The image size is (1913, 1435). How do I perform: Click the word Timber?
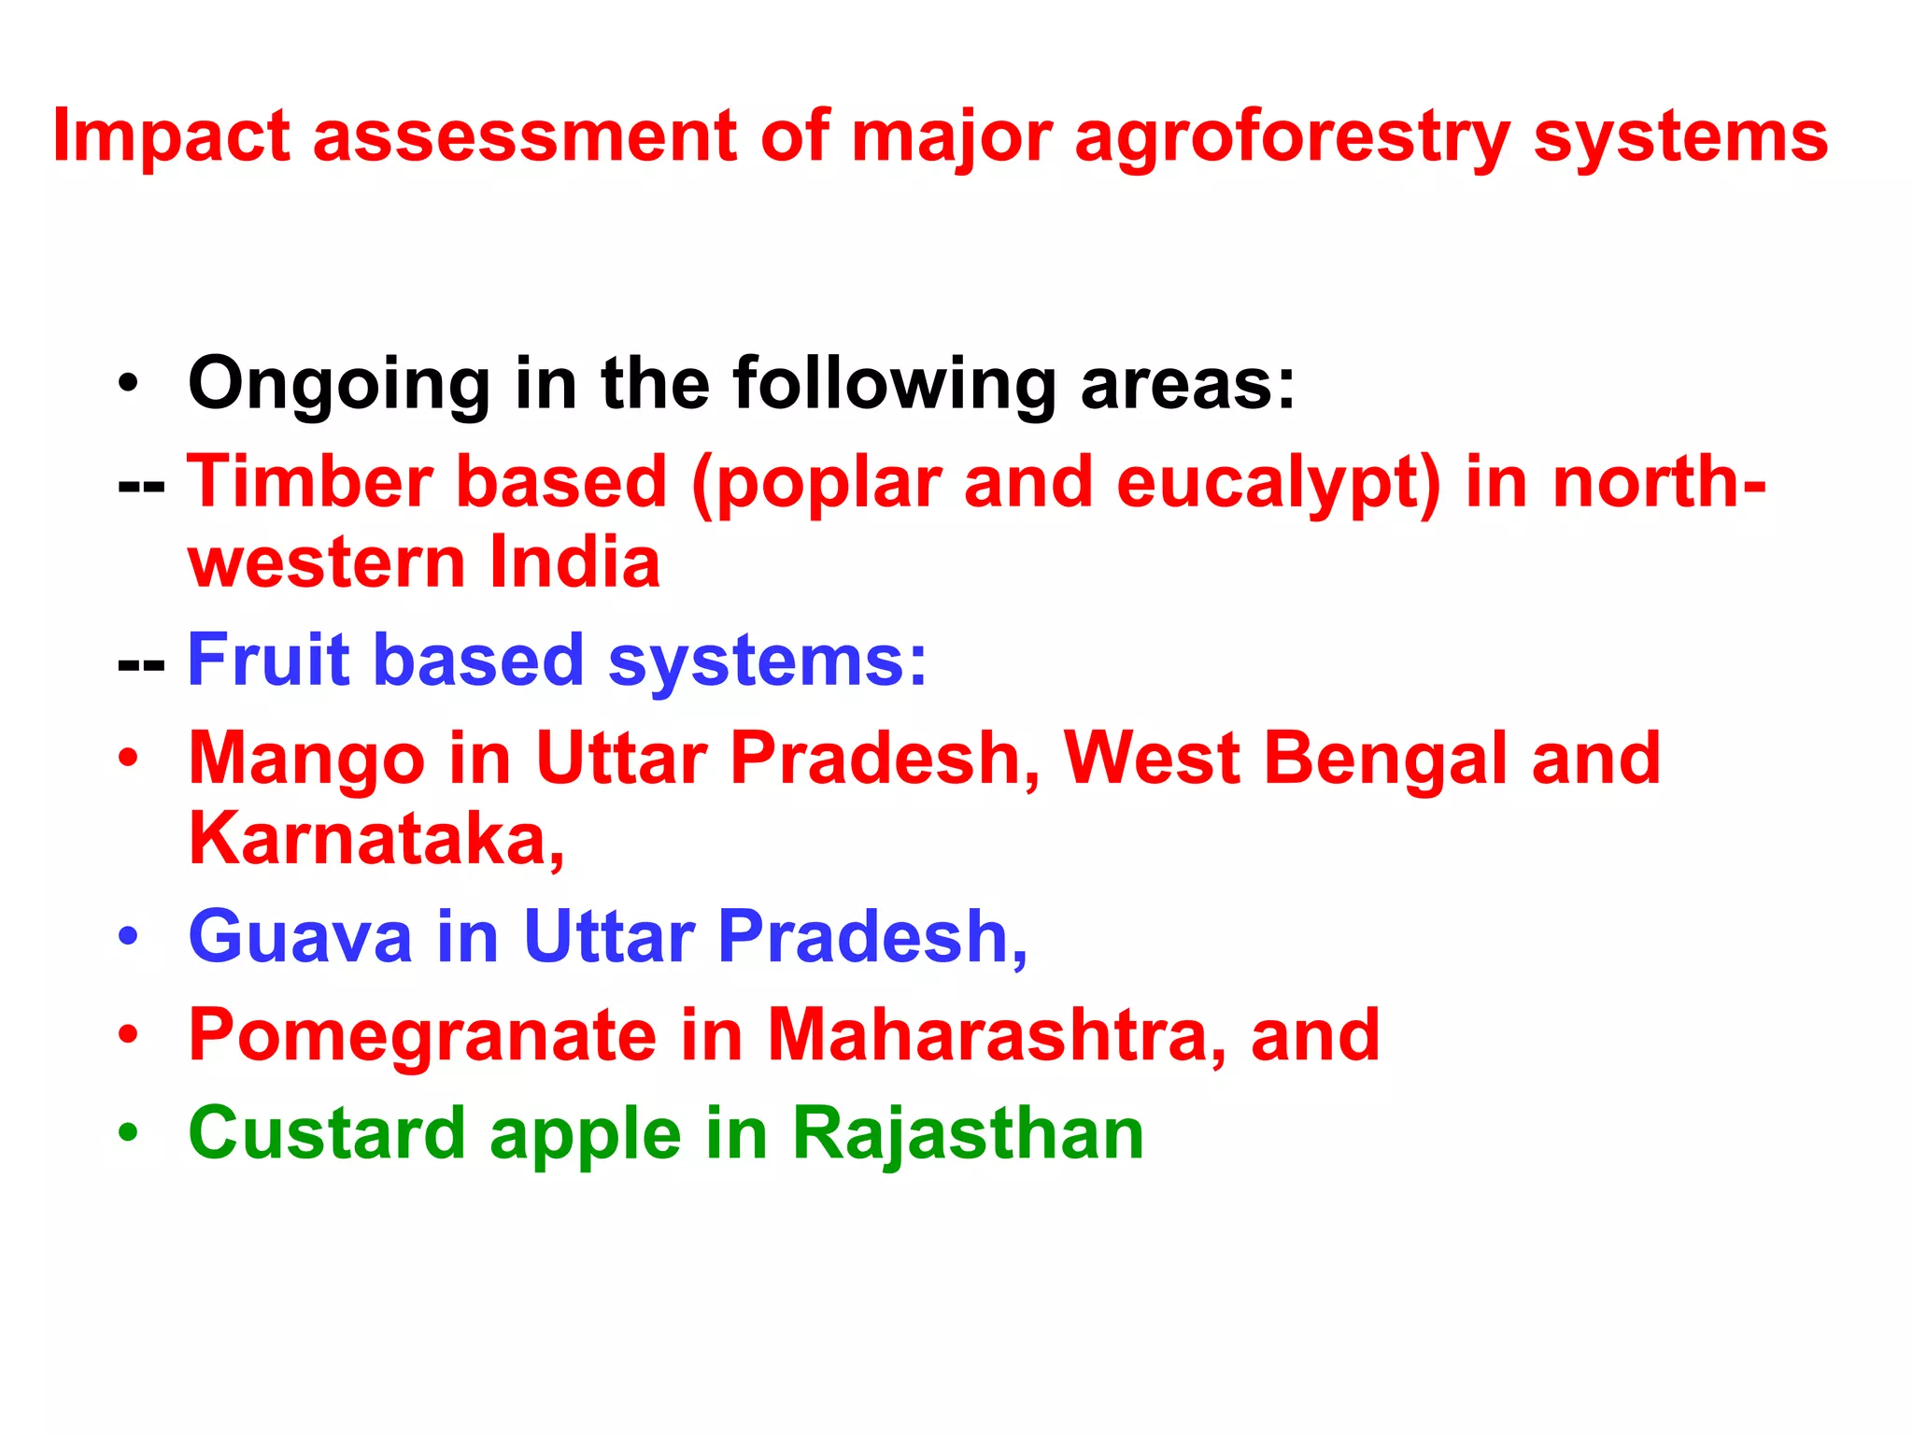click(309, 482)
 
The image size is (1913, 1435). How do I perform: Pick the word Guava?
click(300, 936)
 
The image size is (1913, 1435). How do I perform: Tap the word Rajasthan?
click(968, 1133)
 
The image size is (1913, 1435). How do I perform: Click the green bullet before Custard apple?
click(129, 1133)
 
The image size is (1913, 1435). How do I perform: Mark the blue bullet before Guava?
click(129, 936)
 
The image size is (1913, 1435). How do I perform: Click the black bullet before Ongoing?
click(129, 383)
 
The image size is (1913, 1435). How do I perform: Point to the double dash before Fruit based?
click(141, 665)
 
